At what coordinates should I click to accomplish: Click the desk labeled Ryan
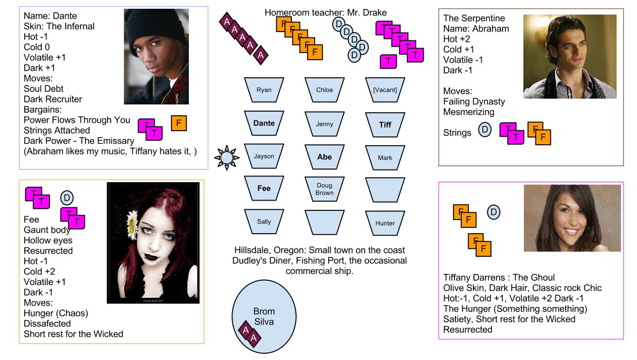click(264, 90)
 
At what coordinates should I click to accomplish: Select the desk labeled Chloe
click(324, 90)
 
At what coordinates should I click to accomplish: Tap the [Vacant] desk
click(385, 90)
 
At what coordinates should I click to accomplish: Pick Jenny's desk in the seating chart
click(324, 124)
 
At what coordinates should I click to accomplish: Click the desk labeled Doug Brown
click(324, 189)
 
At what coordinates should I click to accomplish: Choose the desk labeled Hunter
click(385, 223)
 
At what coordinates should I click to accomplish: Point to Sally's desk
click(264, 222)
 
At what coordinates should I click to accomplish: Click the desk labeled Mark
click(385, 157)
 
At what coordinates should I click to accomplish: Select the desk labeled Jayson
click(264, 156)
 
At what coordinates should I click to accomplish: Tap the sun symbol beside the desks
click(227, 157)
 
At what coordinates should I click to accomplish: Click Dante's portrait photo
click(156, 56)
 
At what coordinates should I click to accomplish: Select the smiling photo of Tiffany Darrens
click(572, 218)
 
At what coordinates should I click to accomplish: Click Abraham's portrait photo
click(570, 56)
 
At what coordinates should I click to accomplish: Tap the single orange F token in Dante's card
click(179, 123)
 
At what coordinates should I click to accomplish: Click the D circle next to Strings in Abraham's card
click(485, 130)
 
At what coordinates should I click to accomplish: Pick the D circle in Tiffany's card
click(493, 212)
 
